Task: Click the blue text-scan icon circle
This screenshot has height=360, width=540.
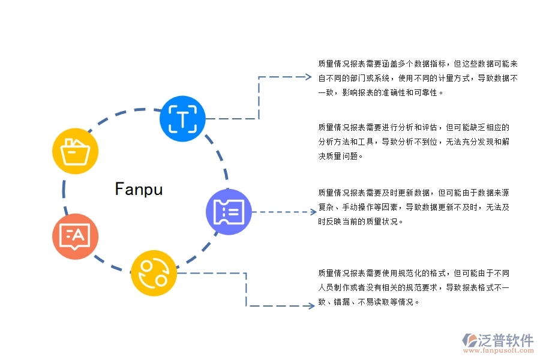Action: point(182,118)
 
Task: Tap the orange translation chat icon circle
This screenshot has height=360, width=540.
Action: point(75,236)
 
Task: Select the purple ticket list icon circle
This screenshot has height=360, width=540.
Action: point(229,211)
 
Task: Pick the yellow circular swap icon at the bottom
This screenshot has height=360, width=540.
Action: point(154,273)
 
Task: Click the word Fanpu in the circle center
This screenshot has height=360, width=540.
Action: point(139,190)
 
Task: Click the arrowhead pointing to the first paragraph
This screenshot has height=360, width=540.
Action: point(308,77)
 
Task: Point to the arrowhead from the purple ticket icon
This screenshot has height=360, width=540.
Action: point(313,211)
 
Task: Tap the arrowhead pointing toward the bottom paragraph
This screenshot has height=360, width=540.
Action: point(311,306)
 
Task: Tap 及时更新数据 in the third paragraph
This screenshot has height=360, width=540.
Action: point(412,193)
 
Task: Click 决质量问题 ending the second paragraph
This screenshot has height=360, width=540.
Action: point(340,156)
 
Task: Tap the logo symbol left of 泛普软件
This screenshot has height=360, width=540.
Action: point(469,341)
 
